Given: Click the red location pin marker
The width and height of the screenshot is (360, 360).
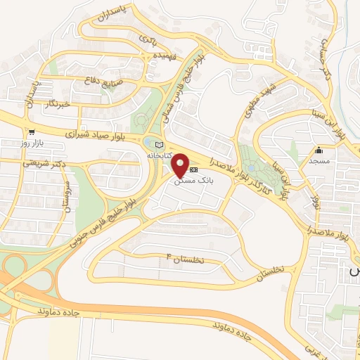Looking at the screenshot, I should (181, 165).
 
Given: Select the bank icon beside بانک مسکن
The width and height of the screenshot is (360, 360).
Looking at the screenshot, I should (194, 169).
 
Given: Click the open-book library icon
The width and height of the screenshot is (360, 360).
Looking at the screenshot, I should (157, 144).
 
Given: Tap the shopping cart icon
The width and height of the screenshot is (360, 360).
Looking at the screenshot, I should (31, 131).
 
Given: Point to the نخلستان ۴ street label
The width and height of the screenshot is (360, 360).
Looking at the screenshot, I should (183, 259).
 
